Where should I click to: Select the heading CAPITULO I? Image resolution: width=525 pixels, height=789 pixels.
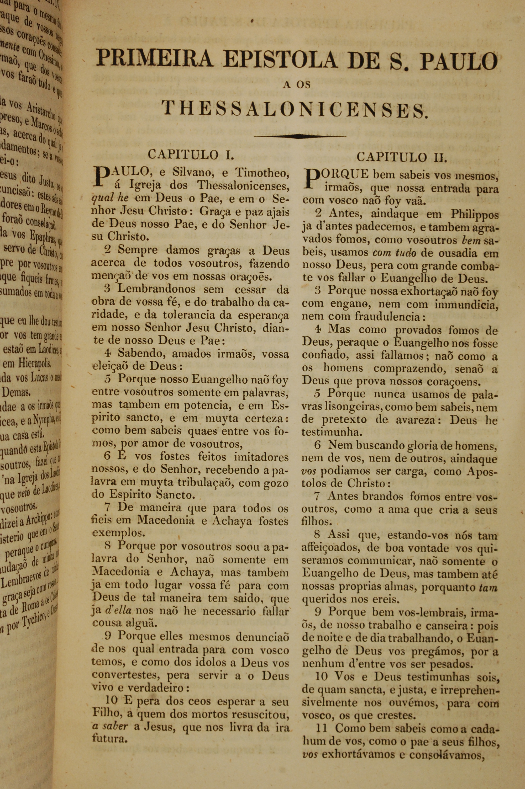click(x=190, y=154)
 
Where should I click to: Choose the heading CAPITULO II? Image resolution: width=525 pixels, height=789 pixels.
click(x=401, y=157)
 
